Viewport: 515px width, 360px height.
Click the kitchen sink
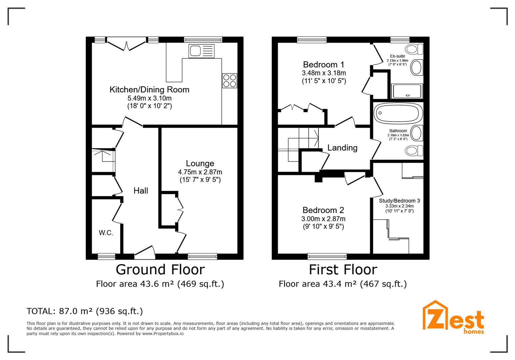coord(201,51)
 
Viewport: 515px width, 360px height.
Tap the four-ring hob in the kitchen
coord(229,81)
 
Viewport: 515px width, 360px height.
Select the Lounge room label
coord(200,163)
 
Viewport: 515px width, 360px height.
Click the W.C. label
coord(106,233)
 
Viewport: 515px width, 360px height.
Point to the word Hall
coord(141,190)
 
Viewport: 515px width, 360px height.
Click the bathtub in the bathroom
coord(398,113)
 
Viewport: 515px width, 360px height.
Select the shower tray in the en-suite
coord(407,91)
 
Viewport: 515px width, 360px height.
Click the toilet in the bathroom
coord(414,151)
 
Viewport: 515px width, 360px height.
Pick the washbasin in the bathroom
coord(417,133)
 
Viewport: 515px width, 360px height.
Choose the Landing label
coord(342,148)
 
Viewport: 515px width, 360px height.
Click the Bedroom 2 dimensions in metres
coord(323,219)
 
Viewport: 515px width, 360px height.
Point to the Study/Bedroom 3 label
coord(399,201)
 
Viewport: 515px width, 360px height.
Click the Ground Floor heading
coord(160,269)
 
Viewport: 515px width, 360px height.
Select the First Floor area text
coord(343,284)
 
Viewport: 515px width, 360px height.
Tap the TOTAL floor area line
coord(85,311)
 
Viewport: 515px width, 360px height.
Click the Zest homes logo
coord(453,317)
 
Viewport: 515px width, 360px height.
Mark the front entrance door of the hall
coord(145,252)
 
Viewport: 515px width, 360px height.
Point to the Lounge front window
coord(202,256)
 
